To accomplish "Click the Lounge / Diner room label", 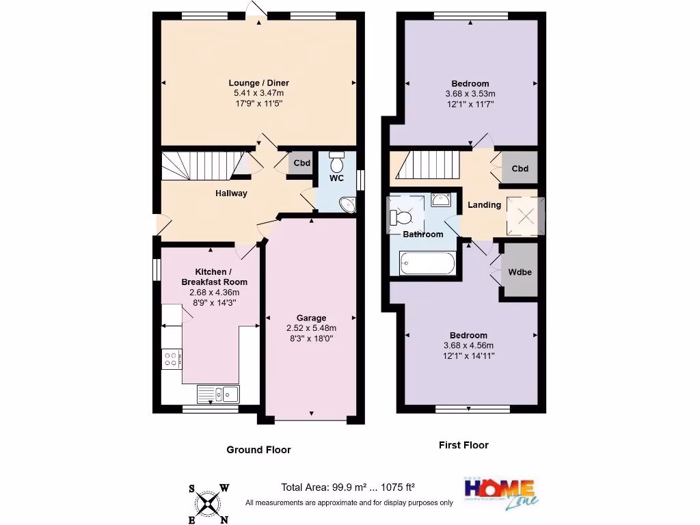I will tap(258, 83).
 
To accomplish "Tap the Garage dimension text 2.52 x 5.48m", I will tap(311, 327).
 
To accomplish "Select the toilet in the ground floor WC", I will tap(336, 163).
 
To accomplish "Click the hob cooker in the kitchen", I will tap(171, 359).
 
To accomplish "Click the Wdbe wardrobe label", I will tap(520, 271).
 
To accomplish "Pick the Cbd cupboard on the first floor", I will tap(520, 169).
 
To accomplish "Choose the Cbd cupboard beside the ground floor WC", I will tap(301, 163).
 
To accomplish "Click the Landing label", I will tap(484, 204).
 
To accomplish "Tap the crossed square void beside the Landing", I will tap(525, 217).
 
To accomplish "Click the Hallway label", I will tap(231, 193).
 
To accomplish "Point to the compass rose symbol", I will tap(208, 504).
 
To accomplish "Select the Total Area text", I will tap(348, 487).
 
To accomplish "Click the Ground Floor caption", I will tap(258, 450).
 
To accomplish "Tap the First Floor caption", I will tap(463, 445).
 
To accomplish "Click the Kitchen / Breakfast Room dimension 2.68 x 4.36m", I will tap(212, 293).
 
